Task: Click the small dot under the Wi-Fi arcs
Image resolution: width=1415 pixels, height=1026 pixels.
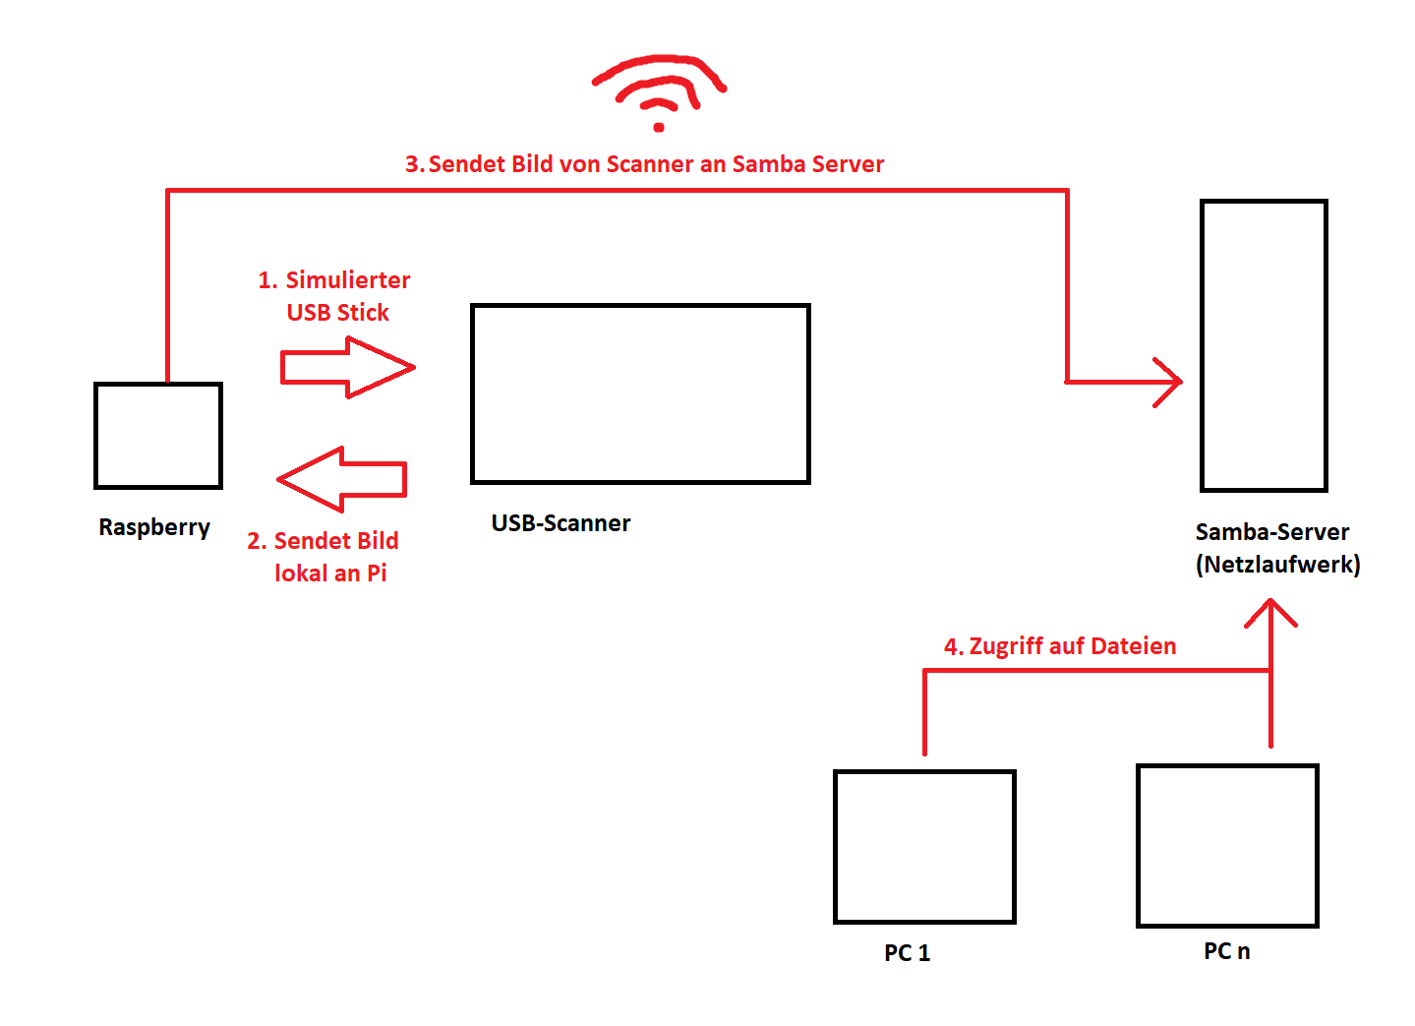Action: coord(659,127)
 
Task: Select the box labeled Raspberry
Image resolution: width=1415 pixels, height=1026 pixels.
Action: coord(158,436)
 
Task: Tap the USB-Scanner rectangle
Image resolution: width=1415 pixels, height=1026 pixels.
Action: coord(640,393)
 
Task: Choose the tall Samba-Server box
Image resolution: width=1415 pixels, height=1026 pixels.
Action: coord(1264,345)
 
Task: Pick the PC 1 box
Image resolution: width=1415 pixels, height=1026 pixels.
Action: coord(924,847)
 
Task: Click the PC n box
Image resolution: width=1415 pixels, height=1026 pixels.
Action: coord(1227,846)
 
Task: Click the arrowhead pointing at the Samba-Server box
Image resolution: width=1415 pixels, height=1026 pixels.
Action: coord(1169,382)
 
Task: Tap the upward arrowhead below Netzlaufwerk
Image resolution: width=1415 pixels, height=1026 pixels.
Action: coord(1270,614)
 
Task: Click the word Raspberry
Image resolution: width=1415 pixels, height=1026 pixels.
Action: coord(154,527)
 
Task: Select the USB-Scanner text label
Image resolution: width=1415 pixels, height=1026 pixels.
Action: coord(560,523)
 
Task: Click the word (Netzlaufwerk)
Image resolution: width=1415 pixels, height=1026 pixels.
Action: coord(1277,565)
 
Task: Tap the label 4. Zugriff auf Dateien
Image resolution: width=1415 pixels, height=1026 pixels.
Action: coord(1060,646)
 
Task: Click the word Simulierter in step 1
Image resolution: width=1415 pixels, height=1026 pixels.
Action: coord(348,280)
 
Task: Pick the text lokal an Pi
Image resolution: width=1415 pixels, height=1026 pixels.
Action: coord(330,573)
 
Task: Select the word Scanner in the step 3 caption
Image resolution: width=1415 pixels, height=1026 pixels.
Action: coord(650,164)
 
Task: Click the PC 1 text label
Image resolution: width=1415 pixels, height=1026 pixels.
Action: coord(907,953)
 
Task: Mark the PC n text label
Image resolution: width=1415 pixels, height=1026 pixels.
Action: coord(1226,951)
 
